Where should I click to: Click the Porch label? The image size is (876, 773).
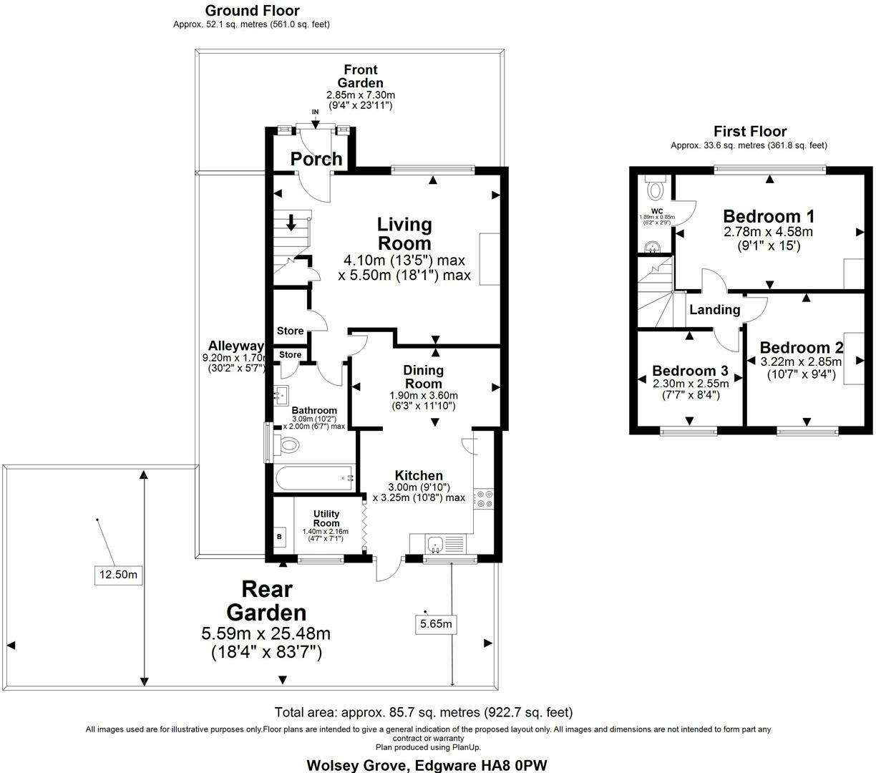point(316,159)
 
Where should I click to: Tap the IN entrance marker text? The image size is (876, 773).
point(315,112)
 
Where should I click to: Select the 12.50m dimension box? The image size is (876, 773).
point(118,575)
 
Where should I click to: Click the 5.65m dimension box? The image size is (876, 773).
point(436,623)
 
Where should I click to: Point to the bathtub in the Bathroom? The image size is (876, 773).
point(315,478)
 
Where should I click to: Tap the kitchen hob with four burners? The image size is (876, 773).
point(483,498)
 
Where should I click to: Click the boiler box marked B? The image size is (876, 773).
point(279,537)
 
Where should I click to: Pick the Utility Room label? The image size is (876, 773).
point(326,518)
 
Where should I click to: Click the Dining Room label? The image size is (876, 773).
point(423,376)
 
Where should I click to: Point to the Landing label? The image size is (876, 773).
point(715,310)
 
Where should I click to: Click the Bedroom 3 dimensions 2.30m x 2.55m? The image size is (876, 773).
point(691,384)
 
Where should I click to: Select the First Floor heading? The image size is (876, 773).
point(750,131)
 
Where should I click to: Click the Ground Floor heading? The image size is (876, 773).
point(252,11)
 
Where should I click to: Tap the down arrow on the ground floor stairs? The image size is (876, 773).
point(291,223)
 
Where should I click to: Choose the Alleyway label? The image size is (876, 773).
point(236,346)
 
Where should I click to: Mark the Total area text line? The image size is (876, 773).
point(424,712)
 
